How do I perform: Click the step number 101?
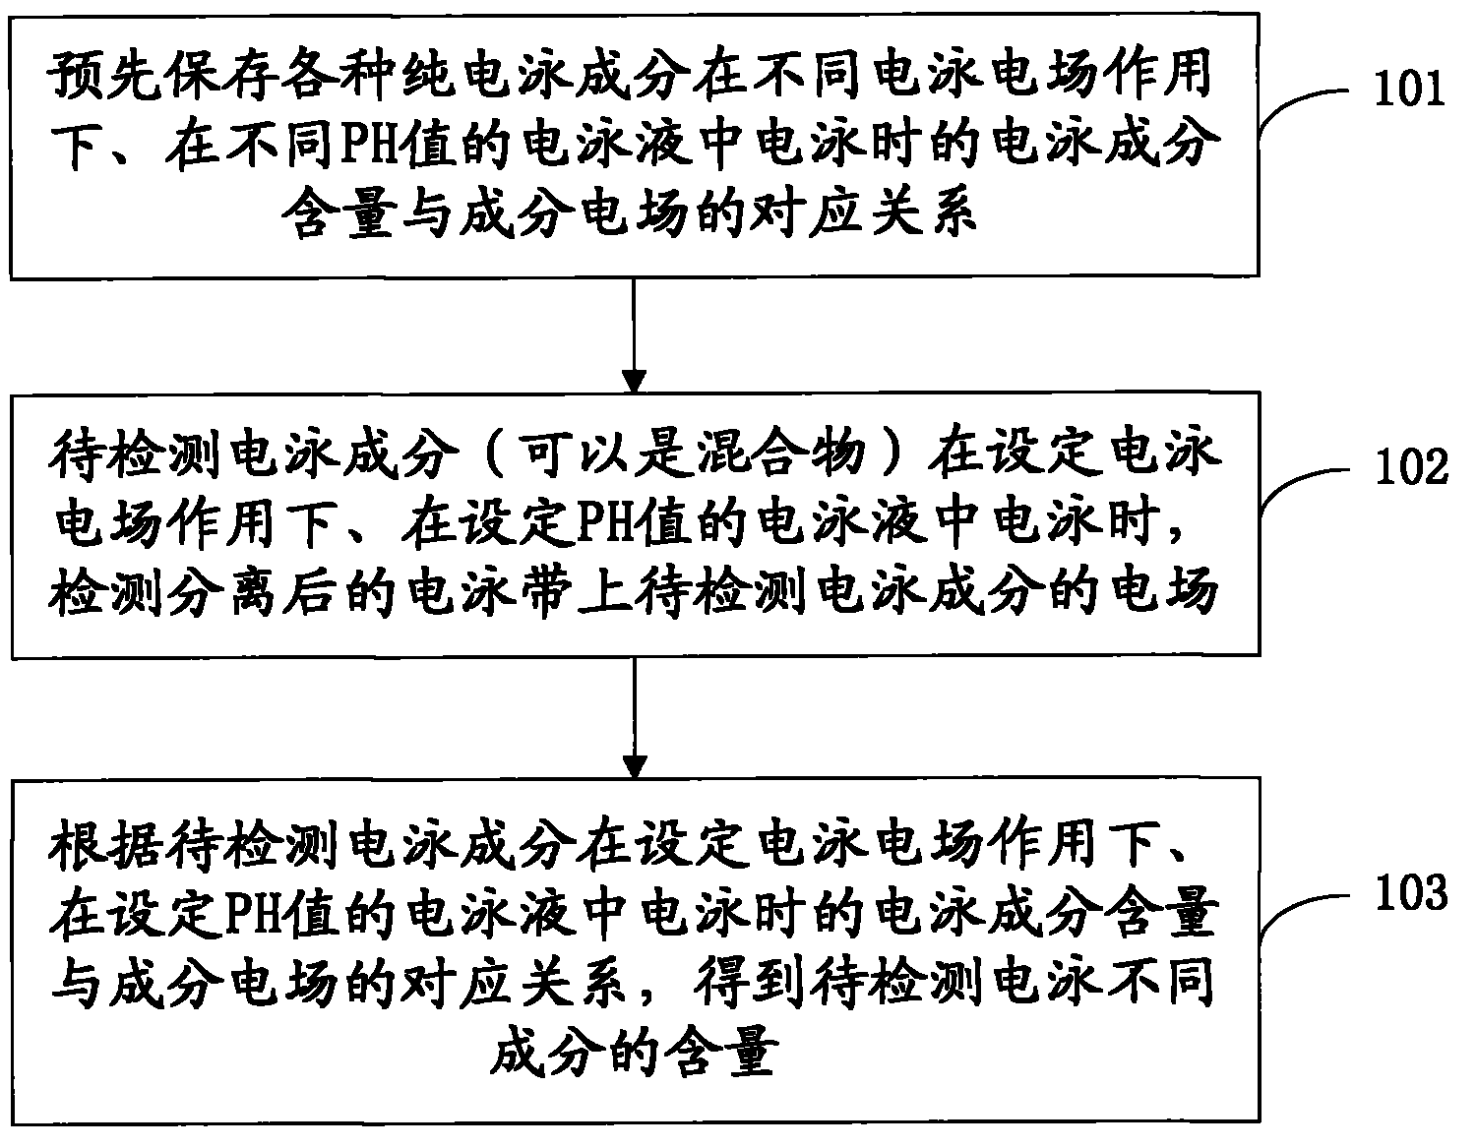[1410, 90]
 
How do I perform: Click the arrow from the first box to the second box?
[636, 334]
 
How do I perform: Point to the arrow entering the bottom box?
[636, 718]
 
